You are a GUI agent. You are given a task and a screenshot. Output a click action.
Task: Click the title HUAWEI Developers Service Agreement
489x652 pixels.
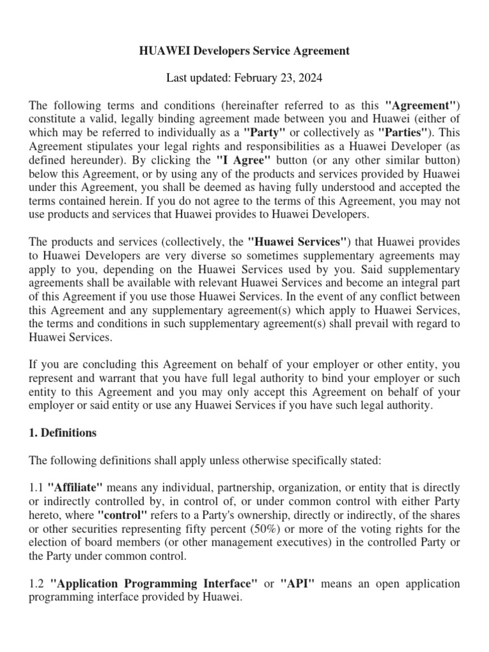pos(244,51)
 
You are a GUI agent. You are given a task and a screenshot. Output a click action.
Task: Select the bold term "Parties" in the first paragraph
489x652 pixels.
pos(402,132)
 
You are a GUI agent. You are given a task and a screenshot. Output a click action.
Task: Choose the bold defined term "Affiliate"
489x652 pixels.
pos(76,488)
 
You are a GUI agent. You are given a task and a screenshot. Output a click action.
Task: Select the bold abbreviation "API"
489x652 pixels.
pos(297,583)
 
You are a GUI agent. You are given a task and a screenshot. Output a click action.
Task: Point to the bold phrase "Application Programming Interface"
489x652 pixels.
pos(153,583)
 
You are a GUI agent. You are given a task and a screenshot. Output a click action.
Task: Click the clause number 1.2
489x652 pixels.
pos(37,583)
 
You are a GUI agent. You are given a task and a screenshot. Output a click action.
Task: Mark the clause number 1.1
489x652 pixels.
pos(37,488)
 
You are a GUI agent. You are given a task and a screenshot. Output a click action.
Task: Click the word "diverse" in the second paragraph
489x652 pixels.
pos(214,256)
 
